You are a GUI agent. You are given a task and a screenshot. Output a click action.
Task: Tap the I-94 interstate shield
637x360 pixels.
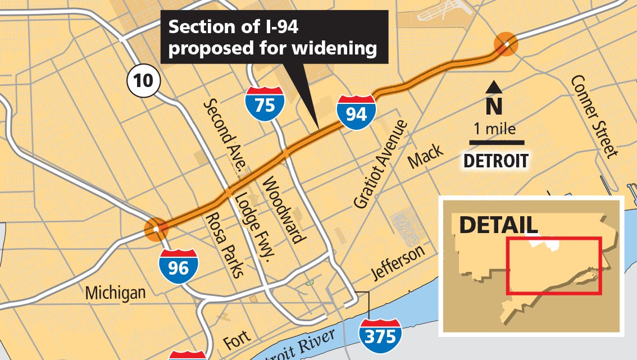point(356,112)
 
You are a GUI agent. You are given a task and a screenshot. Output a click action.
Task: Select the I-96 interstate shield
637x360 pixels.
point(178,266)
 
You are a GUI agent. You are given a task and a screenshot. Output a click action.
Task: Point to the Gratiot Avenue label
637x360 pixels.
point(379,164)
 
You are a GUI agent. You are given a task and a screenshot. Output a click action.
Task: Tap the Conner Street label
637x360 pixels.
point(594,116)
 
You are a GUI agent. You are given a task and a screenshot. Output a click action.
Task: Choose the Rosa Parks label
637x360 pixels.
point(224,245)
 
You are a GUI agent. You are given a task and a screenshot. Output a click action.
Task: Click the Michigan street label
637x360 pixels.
point(115,293)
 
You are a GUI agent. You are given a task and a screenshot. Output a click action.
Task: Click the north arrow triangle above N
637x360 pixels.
point(494,86)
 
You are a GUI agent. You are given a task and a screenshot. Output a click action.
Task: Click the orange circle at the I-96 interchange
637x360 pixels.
point(156,229)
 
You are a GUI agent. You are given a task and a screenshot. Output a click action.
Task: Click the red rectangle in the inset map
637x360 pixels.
point(554,265)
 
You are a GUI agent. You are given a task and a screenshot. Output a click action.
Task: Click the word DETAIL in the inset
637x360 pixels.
point(499,225)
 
